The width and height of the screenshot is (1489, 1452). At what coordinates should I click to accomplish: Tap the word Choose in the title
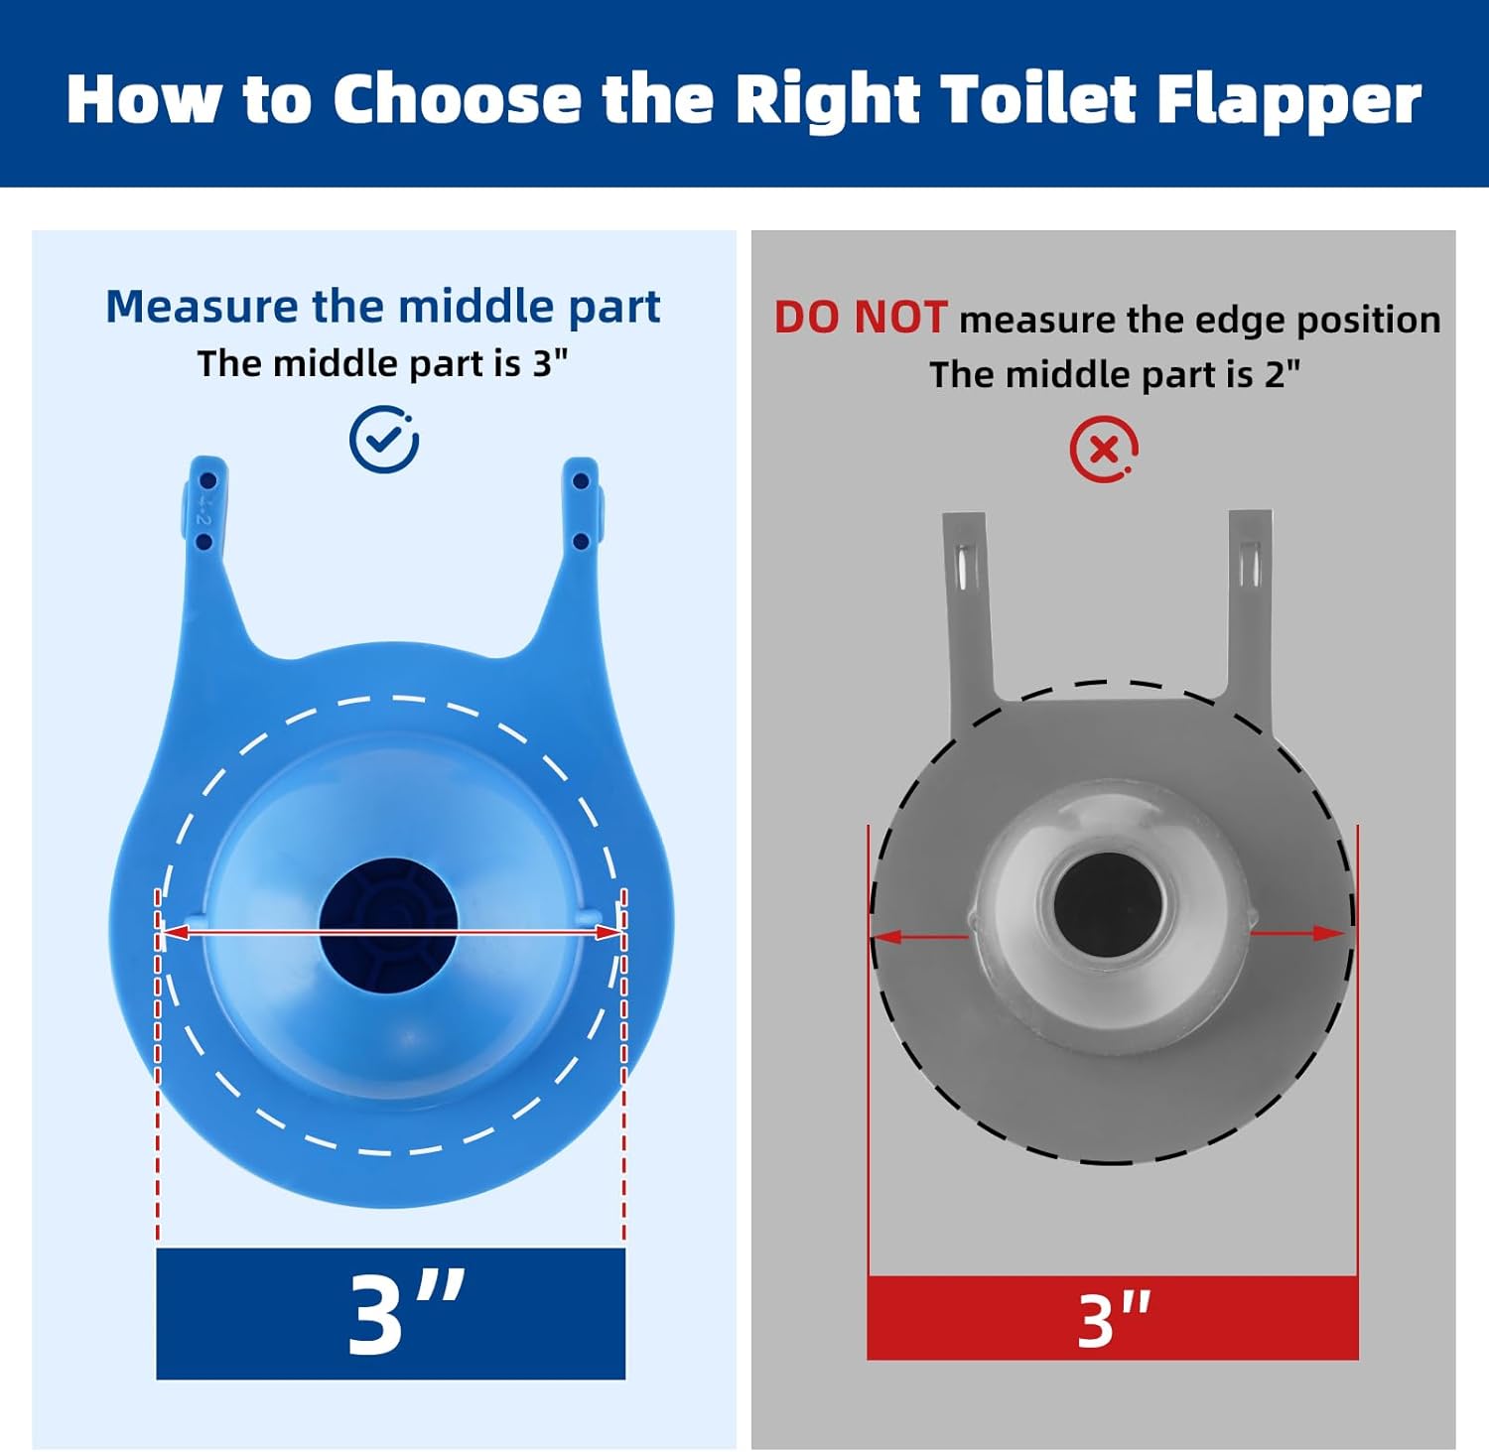pos(457,99)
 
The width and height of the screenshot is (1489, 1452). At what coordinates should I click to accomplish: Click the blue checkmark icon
pos(384,439)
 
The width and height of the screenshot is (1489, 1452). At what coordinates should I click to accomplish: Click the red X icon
pos(1104,450)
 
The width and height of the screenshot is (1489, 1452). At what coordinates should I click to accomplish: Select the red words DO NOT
pos(860,318)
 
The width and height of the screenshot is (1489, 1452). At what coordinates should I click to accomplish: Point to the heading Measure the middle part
pos(382,307)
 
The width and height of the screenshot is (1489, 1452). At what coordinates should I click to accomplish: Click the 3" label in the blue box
pos(406,1313)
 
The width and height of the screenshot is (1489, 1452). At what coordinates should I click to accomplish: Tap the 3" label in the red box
pos(1114,1320)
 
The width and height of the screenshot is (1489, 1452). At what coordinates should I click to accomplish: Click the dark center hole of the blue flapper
pos(388,927)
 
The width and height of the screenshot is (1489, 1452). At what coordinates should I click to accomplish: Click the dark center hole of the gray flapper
pos(1106,905)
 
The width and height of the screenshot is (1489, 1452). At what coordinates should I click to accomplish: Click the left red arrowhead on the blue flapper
pos(176,932)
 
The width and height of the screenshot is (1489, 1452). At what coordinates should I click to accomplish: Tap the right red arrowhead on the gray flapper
pos(1329,933)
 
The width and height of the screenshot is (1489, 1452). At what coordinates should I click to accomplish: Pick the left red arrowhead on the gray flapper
pos(887,935)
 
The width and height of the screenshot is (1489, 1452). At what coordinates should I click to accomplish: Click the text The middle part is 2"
pos(1115,374)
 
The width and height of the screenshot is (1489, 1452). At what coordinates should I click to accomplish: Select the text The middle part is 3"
pos(382,363)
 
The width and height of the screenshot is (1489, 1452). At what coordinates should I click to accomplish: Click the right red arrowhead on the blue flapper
pos(608,932)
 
